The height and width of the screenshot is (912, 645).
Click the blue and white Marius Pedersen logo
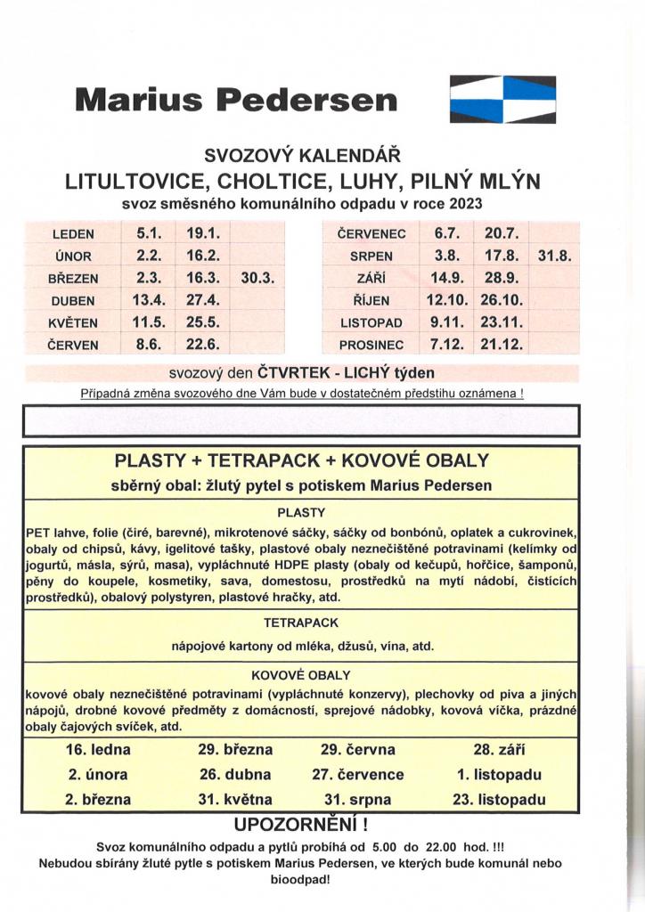click(x=502, y=99)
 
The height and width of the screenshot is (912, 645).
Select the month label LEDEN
click(x=73, y=235)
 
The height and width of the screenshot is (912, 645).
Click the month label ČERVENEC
click(x=372, y=235)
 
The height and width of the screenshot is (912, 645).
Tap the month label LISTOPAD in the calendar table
click(x=371, y=322)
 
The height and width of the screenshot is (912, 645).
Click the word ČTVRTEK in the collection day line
click(x=293, y=372)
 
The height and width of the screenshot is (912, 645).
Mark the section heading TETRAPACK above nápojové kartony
click(x=301, y=622)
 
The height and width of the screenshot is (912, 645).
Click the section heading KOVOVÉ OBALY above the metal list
click(x=301, y=674)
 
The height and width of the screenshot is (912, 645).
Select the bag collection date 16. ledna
click(x=98, y=750)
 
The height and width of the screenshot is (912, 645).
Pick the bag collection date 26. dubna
click(x=235, y=775)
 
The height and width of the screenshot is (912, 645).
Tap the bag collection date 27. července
click(x=358, y=775)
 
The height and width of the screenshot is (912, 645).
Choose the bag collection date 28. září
click(x=498, y=750)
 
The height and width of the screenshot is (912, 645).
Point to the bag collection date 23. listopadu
click(x=498, y=800)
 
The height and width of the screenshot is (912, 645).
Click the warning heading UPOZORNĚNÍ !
click(x=301, y=821)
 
